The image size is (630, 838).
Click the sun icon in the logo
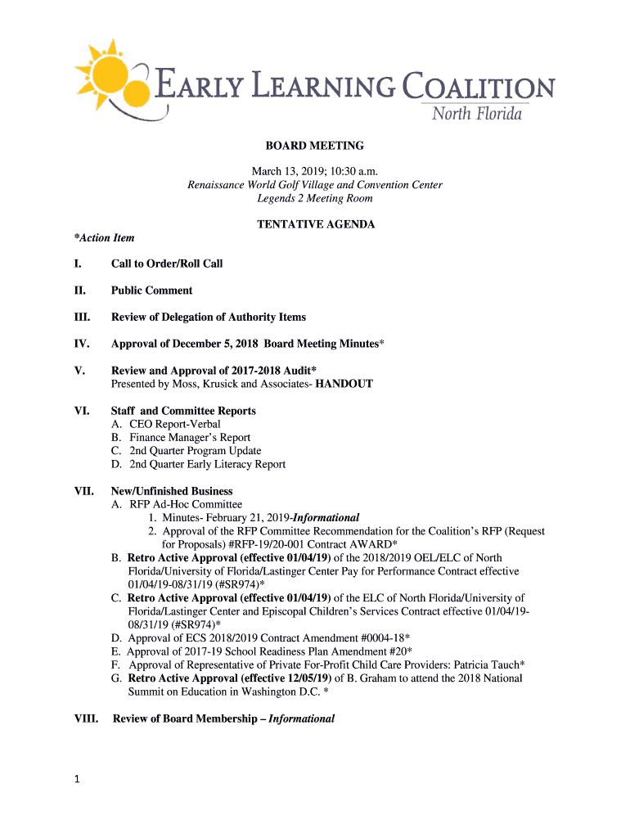[110, 75]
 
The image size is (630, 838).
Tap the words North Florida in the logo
[476, 114]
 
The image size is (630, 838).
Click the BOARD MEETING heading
[314, 146]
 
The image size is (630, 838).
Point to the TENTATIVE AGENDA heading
[315, 224]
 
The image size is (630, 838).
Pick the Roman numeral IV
[80, 344]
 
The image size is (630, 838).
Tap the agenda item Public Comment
[152, 291]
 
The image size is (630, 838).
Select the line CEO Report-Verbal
[174, 424]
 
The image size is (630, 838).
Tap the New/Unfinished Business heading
[172, 491]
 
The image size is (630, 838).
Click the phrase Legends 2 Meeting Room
[314, 198]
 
